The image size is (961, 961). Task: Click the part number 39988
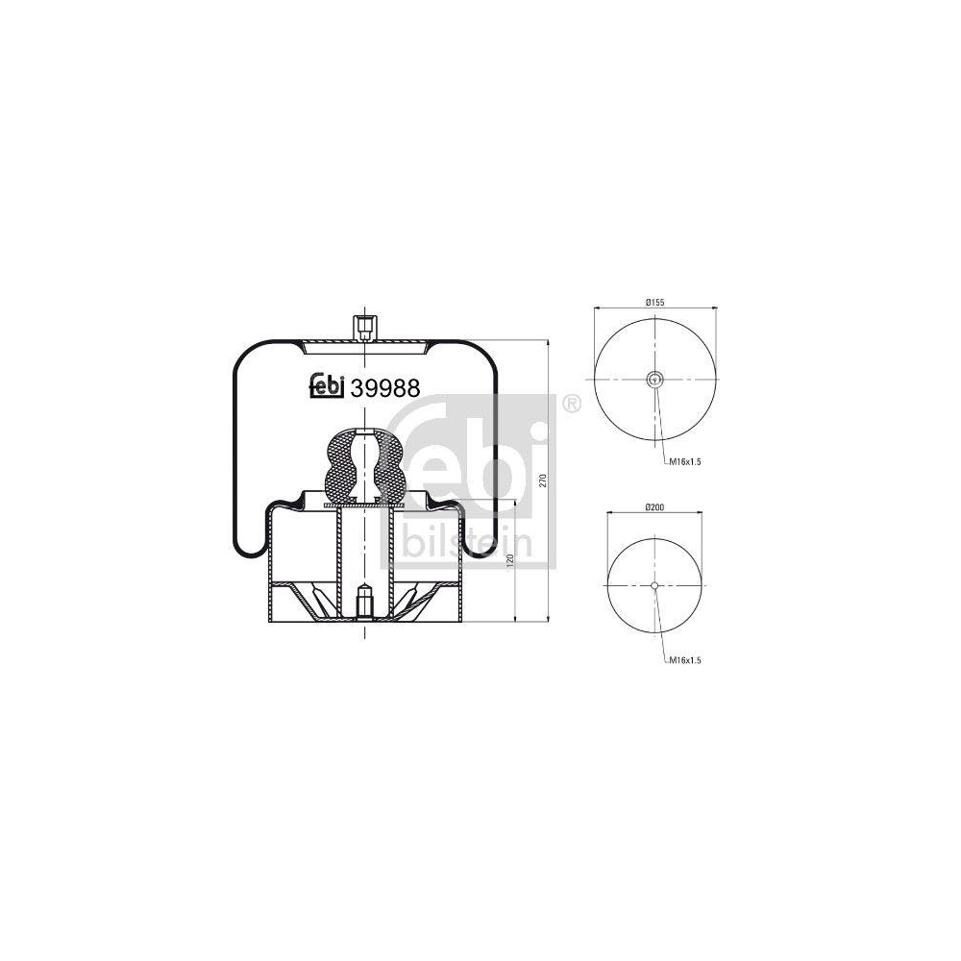tap(385, 388)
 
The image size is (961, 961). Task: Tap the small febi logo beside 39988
tap(328, 386)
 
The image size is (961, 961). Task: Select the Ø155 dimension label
tap(655, 302)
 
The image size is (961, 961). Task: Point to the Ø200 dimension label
tap(654, 507)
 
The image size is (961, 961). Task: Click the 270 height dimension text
tap(542, 480)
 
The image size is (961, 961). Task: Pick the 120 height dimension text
tap(510, 561)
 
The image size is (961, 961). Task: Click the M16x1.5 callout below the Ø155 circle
tap(684, 461)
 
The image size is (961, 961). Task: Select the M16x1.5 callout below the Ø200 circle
tap(684, 660)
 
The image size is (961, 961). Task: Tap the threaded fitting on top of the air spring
tap(364, 328)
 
